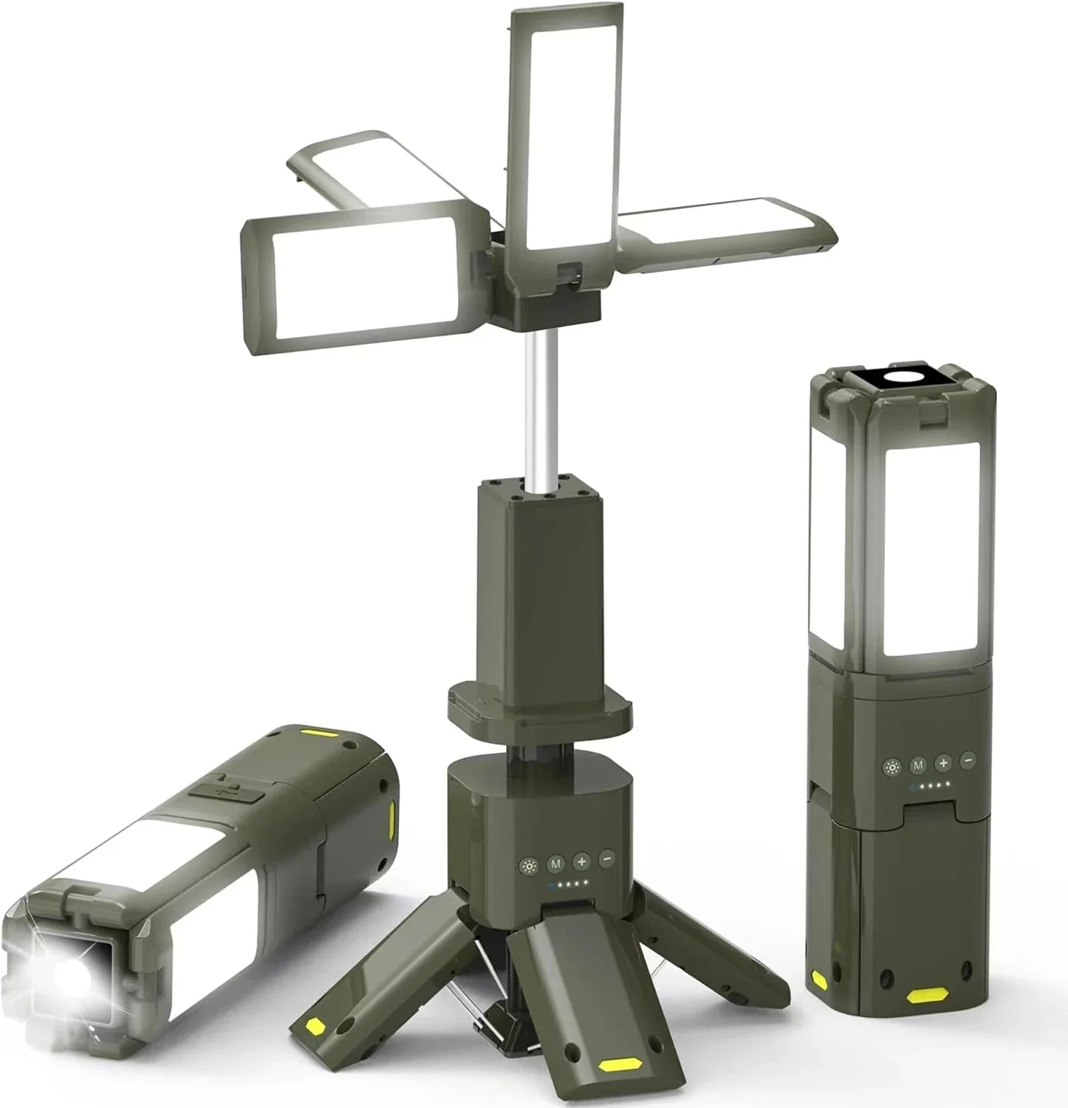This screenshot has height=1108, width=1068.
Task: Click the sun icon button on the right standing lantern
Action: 892,767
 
